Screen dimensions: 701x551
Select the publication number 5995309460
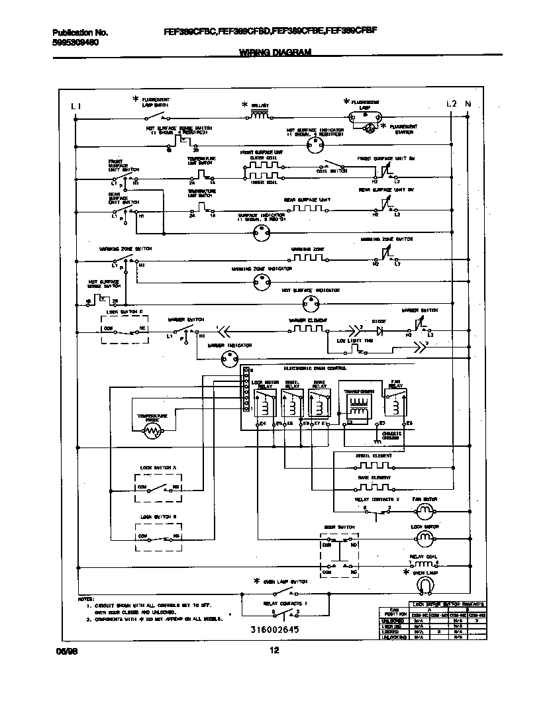[x=75, y=42]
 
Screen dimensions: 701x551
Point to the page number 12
[x=274, y=651]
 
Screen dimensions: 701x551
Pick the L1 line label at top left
[x=76, y=105]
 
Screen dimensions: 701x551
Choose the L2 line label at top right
[x=452, y=103]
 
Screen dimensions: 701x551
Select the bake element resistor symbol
[x=373, y=487]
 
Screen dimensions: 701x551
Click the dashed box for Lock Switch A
[x=159, y=489]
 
